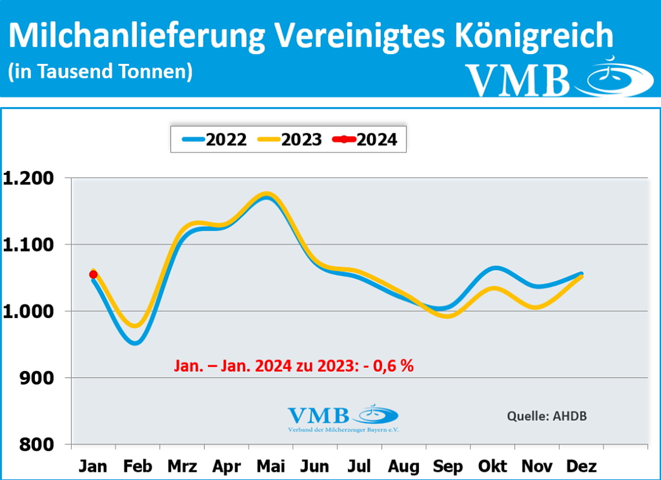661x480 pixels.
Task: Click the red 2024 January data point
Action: point(93,274)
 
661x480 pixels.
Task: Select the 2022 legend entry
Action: point(215,140)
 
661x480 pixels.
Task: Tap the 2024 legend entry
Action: point(365,140)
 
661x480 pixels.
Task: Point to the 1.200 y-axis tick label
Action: point(28,178)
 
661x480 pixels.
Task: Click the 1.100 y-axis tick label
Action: point(28,244)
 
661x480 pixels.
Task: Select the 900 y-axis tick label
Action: point(37,378)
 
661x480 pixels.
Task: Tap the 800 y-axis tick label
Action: point(37,444)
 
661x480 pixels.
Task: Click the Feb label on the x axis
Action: point(137,466)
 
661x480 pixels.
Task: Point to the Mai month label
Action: point(271,466)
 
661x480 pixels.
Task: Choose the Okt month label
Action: point(492,466)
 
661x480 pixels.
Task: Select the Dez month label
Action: point(581,466)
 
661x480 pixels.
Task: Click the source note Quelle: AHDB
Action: point(546,416)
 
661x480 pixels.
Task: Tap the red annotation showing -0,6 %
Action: point(294,366)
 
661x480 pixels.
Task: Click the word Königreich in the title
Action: point(534,35)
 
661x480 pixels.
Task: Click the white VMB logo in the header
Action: point(559,78)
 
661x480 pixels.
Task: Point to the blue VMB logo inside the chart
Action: point(343,417)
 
